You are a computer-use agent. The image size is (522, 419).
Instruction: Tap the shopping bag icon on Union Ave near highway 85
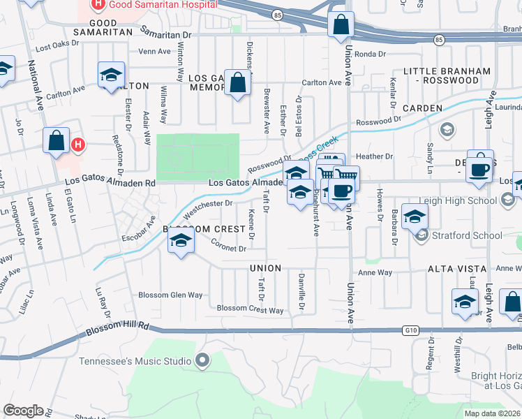[340, 25]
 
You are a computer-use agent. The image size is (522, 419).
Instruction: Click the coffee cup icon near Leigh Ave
[479, 168]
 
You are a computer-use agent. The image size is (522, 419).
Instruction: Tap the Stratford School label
[467, 235]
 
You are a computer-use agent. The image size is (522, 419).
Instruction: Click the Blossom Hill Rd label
[118, 326]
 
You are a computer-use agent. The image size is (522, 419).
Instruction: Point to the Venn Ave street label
[154, 51]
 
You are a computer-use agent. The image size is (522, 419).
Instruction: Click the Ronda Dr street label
[370, 54]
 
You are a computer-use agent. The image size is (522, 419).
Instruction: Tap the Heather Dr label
[375, 156]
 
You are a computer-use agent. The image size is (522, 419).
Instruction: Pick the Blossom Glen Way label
[170, 295]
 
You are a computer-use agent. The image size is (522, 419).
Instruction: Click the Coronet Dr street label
[229, 248]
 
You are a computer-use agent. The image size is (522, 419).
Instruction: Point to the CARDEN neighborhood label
[422, 108]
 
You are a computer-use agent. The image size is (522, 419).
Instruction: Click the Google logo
[23, 411]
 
